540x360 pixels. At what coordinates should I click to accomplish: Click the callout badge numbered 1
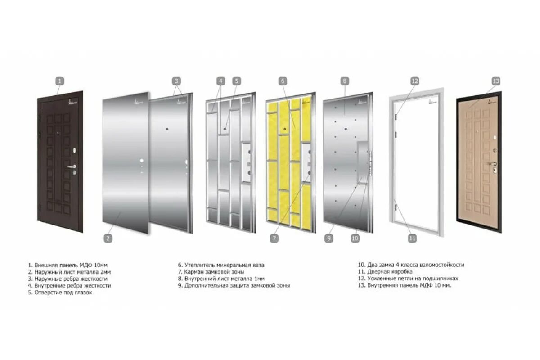(x=60, y=81)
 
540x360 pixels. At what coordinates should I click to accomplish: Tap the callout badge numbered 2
(x=108, y=238)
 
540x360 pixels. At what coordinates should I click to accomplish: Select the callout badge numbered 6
(x=283, y=81)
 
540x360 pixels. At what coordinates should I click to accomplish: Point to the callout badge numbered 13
(x=496, y=81)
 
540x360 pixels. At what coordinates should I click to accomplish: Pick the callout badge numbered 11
(x=412, y=238)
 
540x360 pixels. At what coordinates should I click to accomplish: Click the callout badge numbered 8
(x=345, y=81)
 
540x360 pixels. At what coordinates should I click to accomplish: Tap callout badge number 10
(x=355, y=238)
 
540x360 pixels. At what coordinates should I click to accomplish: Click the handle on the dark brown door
(x=72, y=166)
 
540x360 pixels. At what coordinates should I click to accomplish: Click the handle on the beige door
(x=492, y=164)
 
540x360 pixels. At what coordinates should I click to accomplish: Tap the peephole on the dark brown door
(x=58, y=133)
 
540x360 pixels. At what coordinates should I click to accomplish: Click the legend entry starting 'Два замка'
(x=411, y=265)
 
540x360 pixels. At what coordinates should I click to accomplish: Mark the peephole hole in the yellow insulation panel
(x=285, y=129)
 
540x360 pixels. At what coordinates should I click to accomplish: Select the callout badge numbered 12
(x=414, y=81)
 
